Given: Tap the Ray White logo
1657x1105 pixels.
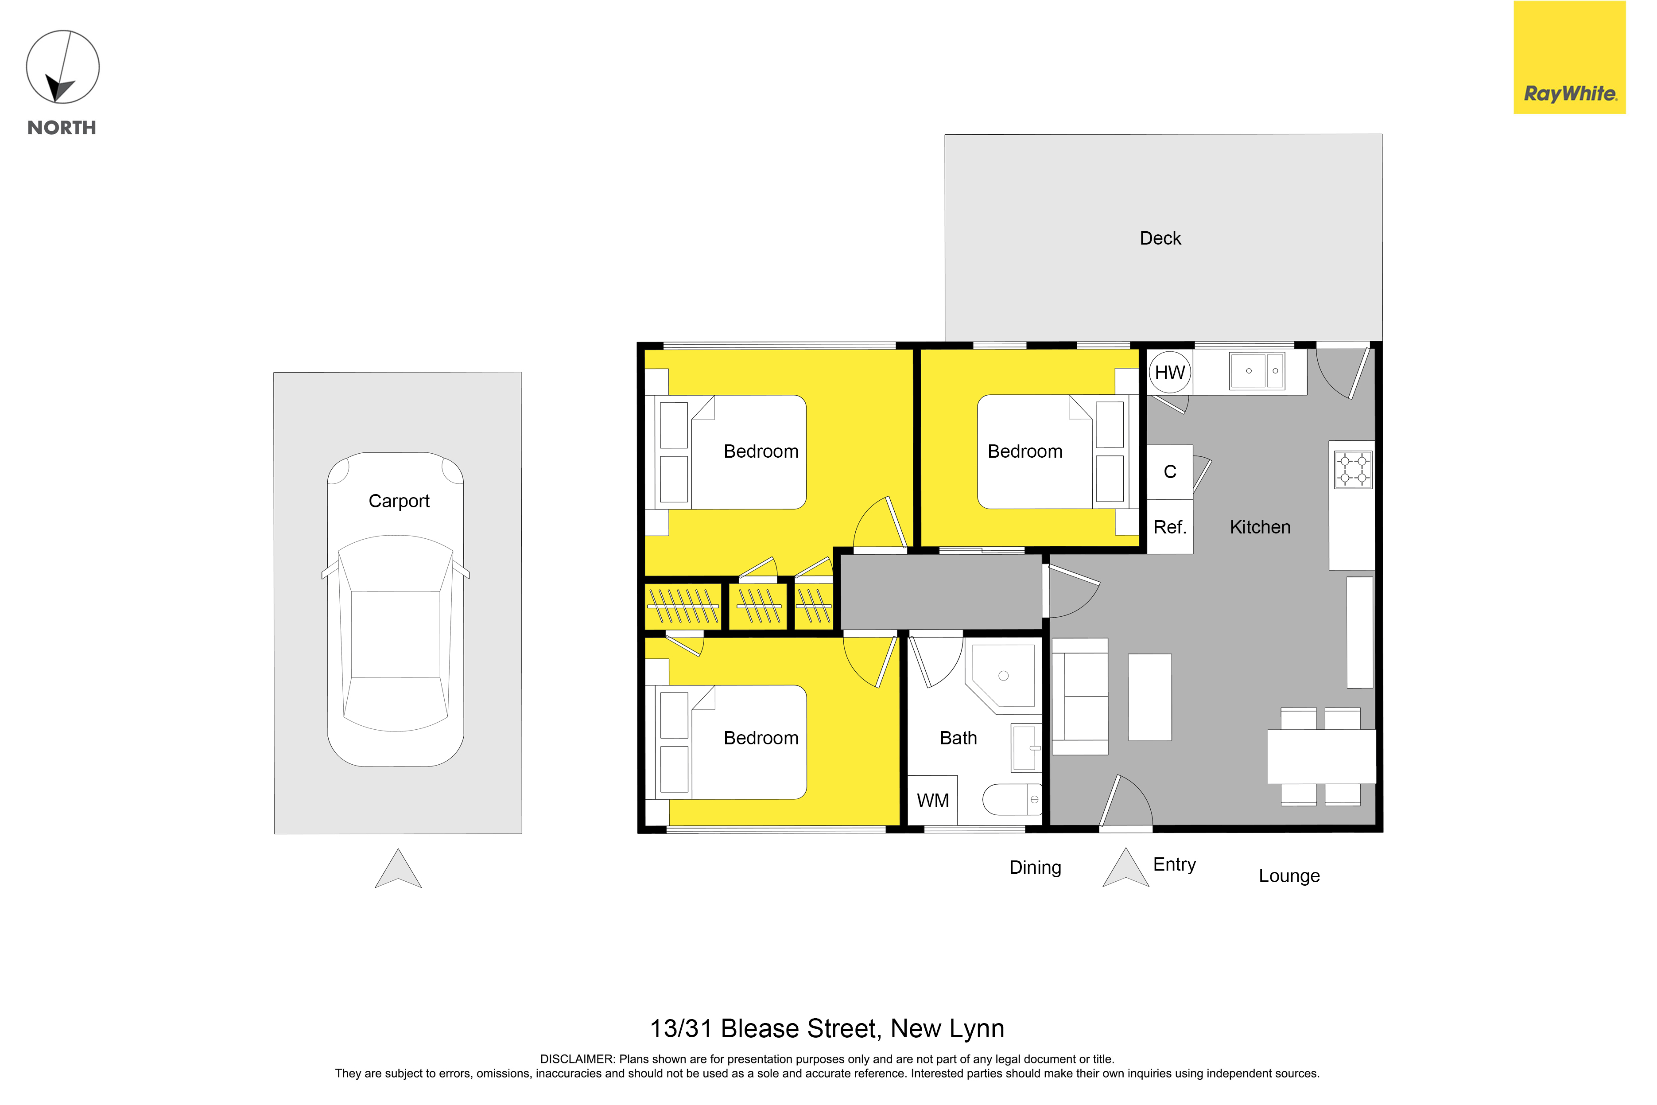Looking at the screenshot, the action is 1570,57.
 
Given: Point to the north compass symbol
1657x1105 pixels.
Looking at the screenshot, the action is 63,67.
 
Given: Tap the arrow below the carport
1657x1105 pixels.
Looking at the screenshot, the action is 398,868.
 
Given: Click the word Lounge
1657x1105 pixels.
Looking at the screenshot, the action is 1289,876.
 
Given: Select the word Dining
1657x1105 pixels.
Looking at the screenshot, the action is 1035,868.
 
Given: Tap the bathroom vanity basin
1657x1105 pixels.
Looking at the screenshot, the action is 1026,747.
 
